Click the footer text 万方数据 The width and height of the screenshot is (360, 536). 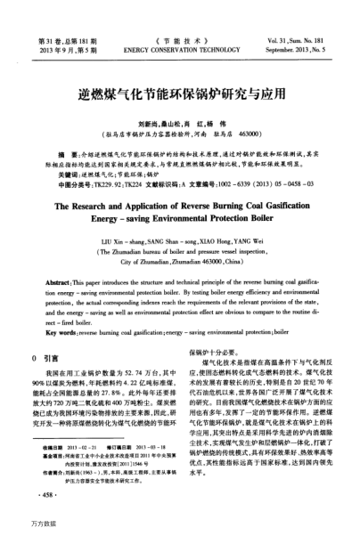(19, 527)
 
